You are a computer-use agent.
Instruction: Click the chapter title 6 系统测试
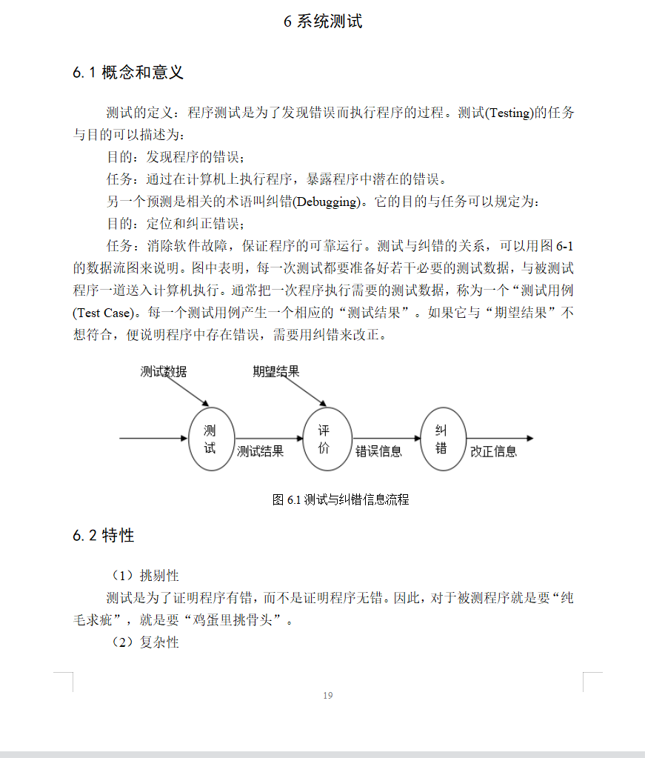pyautogui.click(x=323, y=21)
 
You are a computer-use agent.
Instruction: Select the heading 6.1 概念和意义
pyautogui.click(x=128, y=73)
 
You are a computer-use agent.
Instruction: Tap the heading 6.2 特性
pyautogui.click(x=104, y=535)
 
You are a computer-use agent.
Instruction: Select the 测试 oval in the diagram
pyautogui.click(x=211, y=439)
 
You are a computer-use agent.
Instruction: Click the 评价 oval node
pyautogui.click(x=327, y=439)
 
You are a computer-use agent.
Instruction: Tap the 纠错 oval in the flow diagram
pyautogui.click(x=443, y=439)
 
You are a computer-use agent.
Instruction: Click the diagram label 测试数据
pyautogui.click(x=164, y=372)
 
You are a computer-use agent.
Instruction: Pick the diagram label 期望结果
pyautogui.click(x=276, y=372)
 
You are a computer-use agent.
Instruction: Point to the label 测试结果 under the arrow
pyautogui.click(x=260, y=451)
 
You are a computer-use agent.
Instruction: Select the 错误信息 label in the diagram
pyautogui.click(x=378, y=451)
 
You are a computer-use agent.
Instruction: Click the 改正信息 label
pyautogui.click(x=494, y=451)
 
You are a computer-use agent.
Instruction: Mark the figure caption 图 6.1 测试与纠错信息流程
pyautogui.click(x=341, y=499)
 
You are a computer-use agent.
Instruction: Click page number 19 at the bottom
pyautogui.click(x=328, y=695)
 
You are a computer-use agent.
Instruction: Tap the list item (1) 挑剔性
pyautogui.click(x=145, y=576)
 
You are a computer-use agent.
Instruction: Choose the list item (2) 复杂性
pyautogui.click(x=145, y=642)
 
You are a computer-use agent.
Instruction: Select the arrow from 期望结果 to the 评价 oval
pyautogui.click(x=301, y=392)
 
